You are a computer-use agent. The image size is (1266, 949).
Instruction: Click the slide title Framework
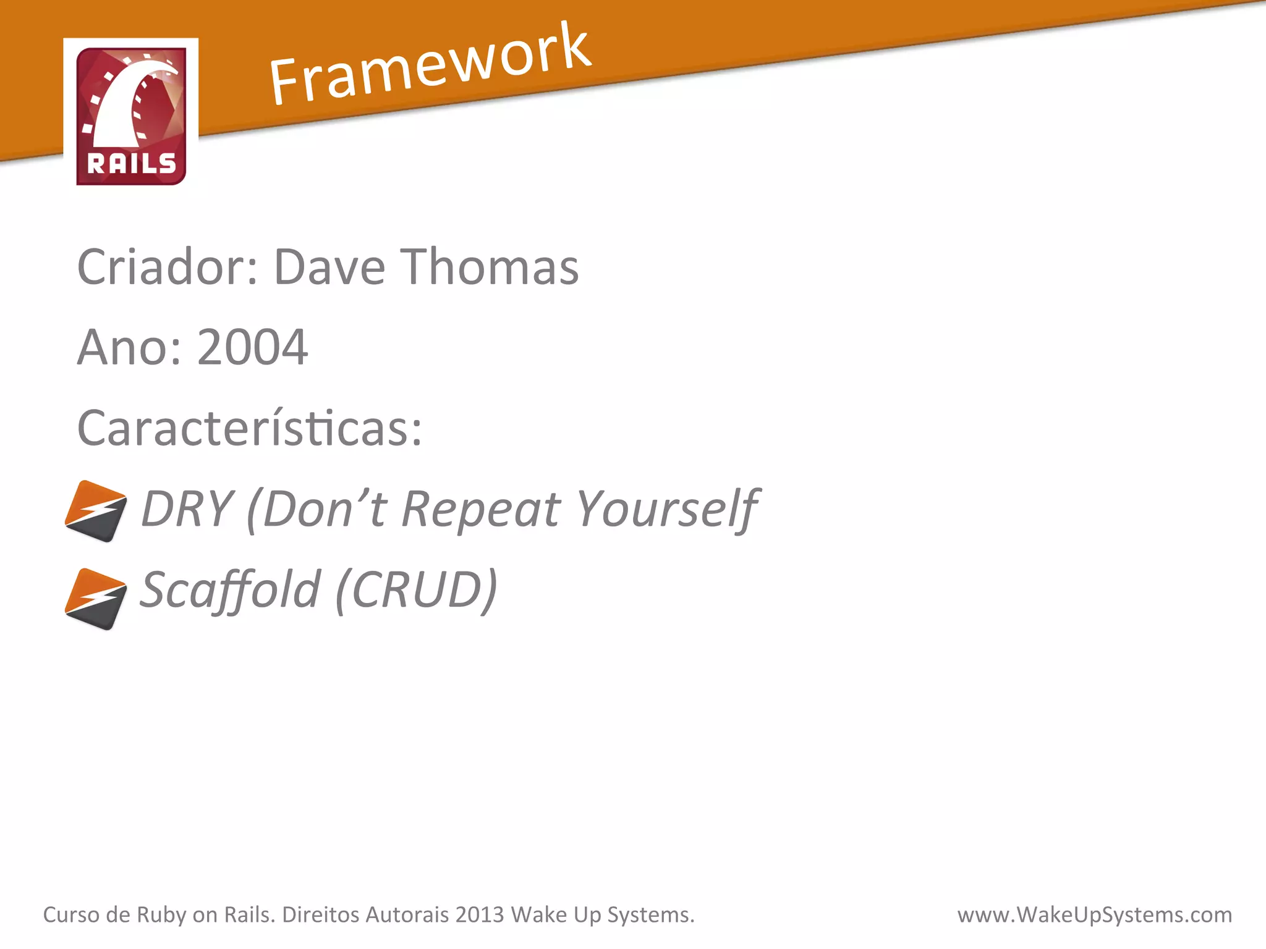coord(430,65)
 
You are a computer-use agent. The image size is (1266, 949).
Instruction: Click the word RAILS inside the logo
coord(131,164)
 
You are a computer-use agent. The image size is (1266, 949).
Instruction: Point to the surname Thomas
coord(491,267)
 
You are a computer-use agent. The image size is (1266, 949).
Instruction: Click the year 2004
coord(252,347)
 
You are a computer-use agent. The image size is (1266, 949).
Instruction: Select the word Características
coord(249,428)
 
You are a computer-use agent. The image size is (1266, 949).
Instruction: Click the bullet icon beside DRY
coord(96,511)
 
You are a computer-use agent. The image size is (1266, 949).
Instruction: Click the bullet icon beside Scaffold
coord(96,599)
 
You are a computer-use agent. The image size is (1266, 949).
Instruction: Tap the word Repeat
coord(481,508)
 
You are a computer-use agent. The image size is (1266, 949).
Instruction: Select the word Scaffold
coord(230,590)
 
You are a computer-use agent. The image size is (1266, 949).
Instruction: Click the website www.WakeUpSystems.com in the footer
coord(1094,914)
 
